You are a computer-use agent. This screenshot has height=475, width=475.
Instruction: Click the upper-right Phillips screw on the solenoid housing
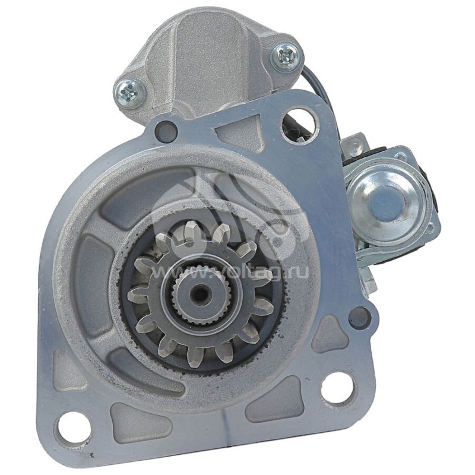pos(287,56)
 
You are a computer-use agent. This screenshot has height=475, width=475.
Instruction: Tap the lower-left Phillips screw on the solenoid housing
pos(129,91)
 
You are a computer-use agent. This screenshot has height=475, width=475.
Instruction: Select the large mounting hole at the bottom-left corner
pos(74,427)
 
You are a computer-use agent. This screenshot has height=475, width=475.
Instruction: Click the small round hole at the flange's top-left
pos(166,130)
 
